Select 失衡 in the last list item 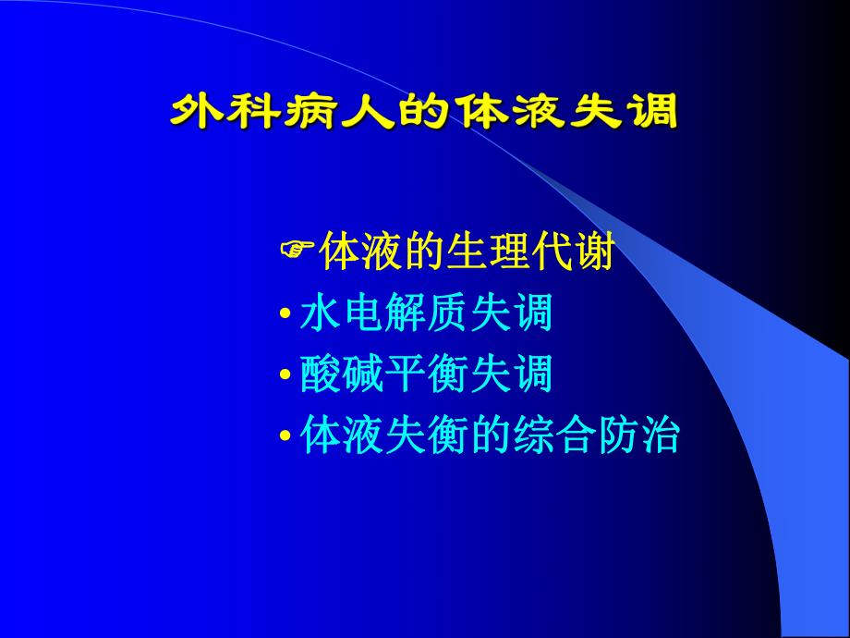[426, 436]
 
